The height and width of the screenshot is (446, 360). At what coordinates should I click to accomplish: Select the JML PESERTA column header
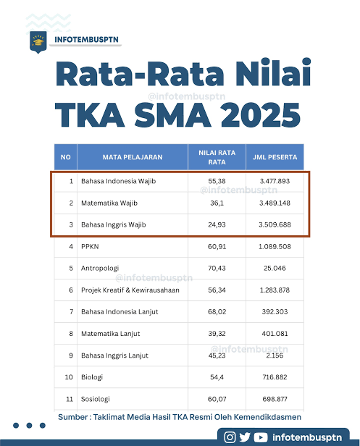[274, 156]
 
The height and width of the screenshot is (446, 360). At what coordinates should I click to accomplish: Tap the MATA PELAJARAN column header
[133, 156]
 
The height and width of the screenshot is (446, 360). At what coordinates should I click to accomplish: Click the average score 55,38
[207, 181]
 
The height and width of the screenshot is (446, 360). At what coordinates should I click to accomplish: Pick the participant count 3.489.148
[274, 203]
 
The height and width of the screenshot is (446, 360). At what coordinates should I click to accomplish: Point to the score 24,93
[207, 225]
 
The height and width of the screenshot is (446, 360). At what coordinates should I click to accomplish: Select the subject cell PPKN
[90, 246]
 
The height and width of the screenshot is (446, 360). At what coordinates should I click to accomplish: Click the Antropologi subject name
[100, 268]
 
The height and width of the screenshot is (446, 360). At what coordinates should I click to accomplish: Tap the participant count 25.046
[274, 268]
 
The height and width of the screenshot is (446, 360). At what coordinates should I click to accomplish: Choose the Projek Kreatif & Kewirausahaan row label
[130, 290]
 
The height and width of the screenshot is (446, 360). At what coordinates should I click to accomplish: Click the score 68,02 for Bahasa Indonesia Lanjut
[207, 311]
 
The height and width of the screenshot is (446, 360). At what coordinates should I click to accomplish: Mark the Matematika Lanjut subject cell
[111, 334]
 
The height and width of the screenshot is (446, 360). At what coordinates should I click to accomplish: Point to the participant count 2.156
[274, 355]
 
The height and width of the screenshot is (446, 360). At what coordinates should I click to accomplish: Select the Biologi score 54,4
[207, 377]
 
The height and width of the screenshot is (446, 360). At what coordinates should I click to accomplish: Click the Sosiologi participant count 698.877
[274, 399]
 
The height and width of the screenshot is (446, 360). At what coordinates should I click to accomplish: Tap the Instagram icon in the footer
[230, 437]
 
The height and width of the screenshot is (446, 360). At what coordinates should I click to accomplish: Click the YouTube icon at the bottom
[261, 437]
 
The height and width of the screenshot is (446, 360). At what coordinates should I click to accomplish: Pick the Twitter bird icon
[246, 437]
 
